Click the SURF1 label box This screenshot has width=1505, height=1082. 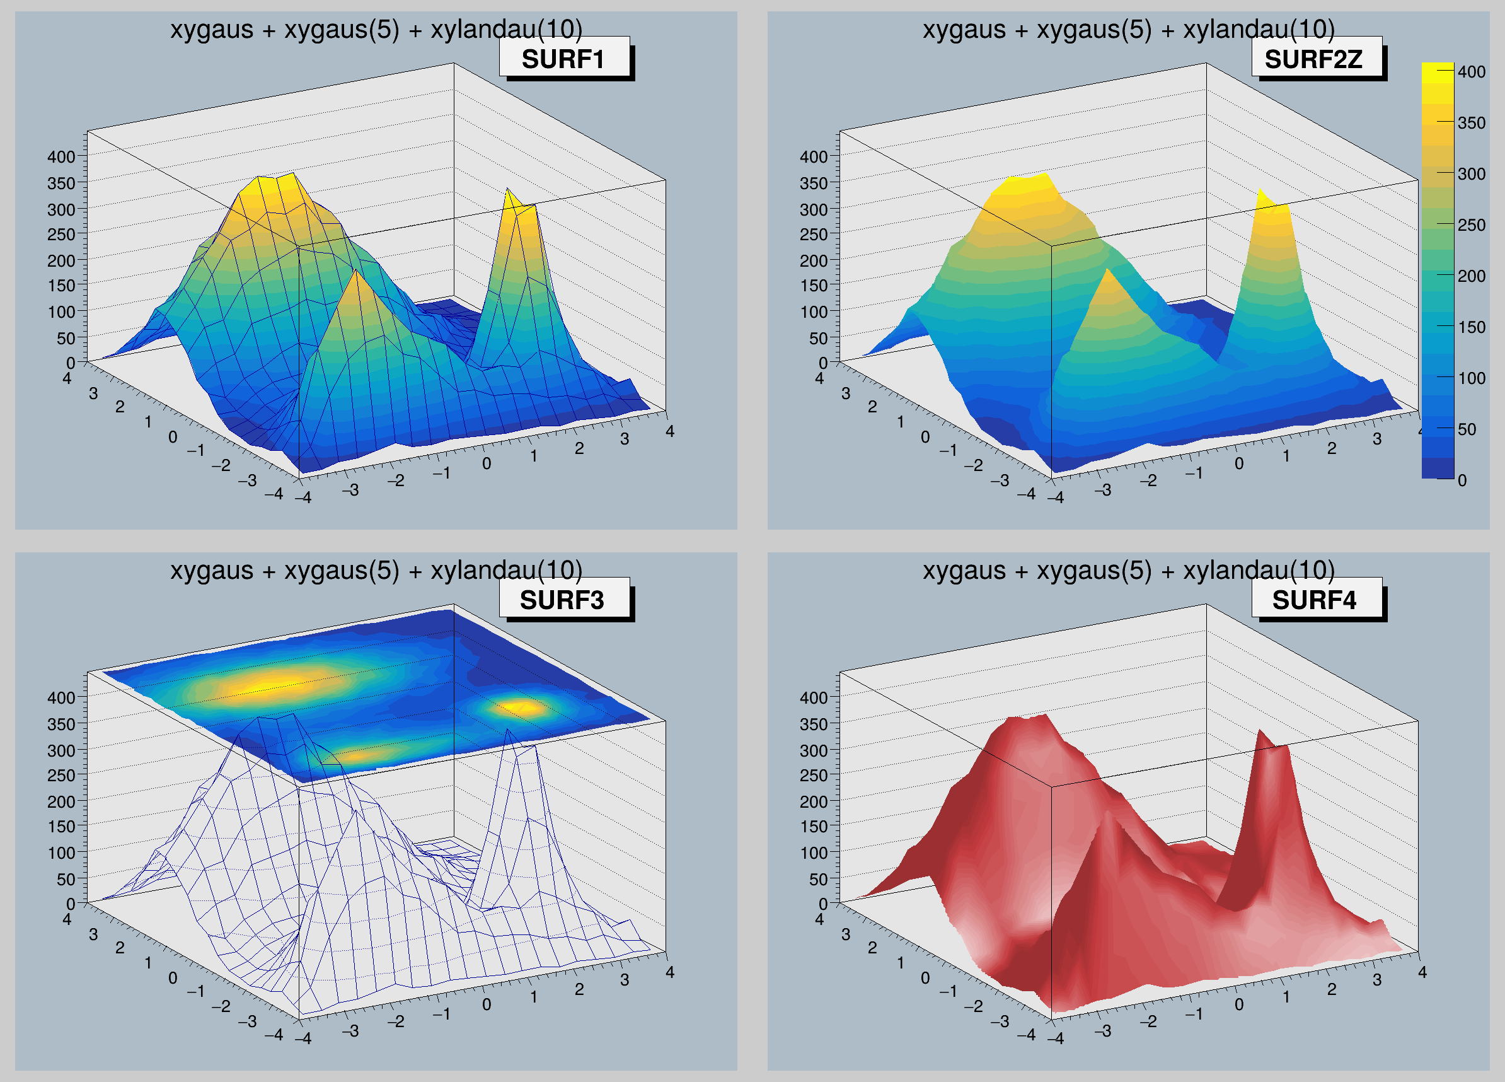tap(563, 59)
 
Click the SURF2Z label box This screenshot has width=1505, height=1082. tap(1316, 59)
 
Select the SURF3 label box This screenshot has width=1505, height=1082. tap(563, 600)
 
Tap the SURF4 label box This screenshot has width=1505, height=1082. tap(1316, 600)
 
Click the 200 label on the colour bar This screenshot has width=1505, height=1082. tap(1470, 276)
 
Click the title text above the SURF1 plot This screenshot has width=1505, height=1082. tap(376, 30)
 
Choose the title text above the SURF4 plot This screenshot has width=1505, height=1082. tap(1128, 570)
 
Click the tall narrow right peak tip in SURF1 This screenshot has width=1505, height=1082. tap(507, 190)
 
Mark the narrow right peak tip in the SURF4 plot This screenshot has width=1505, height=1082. tap(1259, 731)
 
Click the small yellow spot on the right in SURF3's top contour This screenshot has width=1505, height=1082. tap(523, 707)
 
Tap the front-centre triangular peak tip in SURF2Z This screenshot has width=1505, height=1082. tap(1107, 271)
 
